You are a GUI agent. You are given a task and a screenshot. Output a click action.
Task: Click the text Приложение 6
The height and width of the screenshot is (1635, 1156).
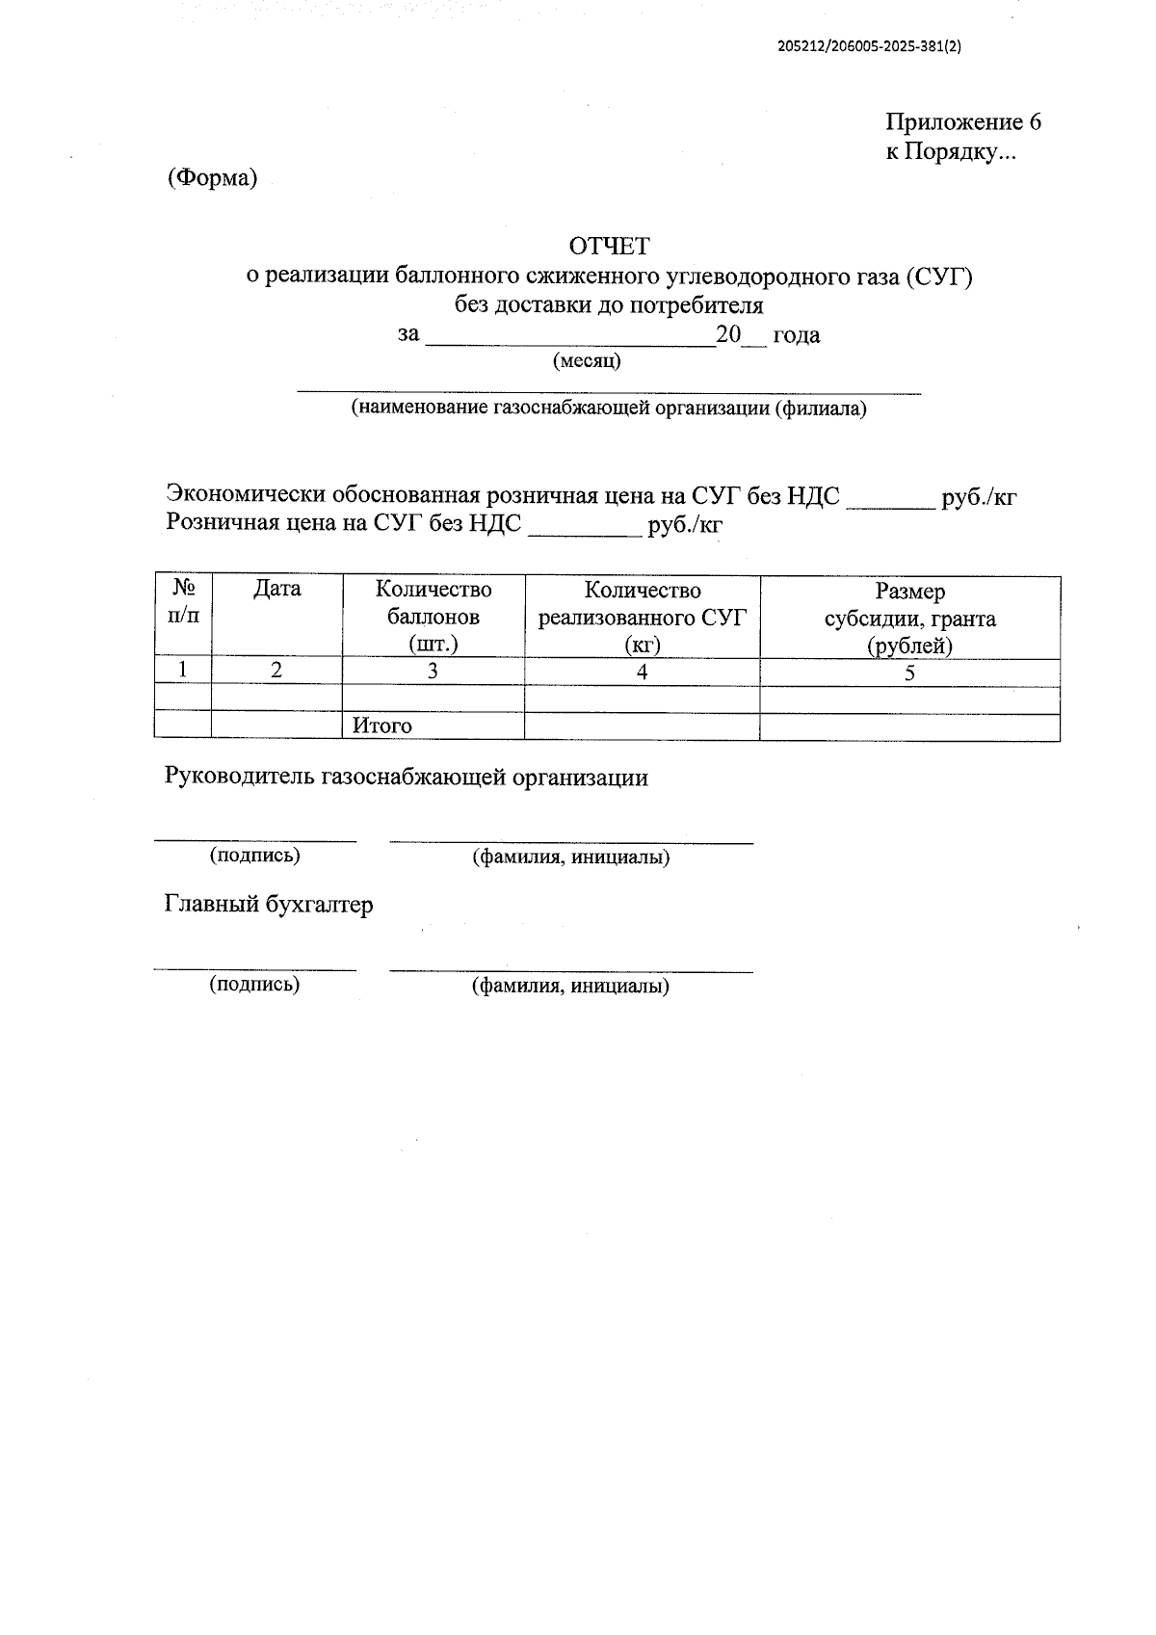(x=962, y=122)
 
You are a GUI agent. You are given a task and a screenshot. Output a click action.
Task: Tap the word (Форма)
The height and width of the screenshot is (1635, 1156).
(x=212, y=178)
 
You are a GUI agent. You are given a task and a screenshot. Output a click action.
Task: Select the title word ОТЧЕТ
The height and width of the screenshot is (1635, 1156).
(x=609, y=247)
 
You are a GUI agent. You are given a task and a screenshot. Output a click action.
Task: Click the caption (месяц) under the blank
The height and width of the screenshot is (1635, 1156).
(x=586, y=361)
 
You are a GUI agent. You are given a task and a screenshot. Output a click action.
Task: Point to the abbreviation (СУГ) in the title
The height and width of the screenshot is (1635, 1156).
(x=939, y=277)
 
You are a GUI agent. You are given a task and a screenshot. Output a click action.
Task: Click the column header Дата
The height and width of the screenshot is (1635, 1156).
(x=276, y=589)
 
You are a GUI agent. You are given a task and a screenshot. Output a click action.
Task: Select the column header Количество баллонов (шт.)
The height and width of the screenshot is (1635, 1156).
(x=433, y=617)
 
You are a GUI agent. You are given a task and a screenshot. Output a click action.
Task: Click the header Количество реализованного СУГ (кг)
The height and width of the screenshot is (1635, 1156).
(x=642, y=617)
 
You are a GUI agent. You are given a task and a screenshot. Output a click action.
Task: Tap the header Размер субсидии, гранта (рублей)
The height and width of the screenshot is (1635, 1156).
(x=909, y=618)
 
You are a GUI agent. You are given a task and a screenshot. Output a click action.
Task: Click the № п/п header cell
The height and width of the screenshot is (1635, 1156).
(x=183, y=602)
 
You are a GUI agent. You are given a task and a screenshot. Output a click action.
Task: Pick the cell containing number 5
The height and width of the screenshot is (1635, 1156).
(x=909, y=673)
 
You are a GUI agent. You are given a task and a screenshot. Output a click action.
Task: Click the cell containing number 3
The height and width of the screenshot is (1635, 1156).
(x=433, y=672)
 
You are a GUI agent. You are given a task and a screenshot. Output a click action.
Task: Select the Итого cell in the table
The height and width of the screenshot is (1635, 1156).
(x=382, y=726)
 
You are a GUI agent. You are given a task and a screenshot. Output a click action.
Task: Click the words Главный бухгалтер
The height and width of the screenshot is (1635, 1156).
(x=269, y=905)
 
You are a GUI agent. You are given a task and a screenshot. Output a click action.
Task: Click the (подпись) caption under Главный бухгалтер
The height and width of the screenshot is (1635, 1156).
(x=254, y=984)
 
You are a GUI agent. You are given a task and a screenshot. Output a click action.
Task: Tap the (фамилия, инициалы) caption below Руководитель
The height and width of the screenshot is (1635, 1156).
(x=570, y=857)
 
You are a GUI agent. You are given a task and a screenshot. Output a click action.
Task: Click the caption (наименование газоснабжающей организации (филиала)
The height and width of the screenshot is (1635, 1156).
(x=609, y=409)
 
